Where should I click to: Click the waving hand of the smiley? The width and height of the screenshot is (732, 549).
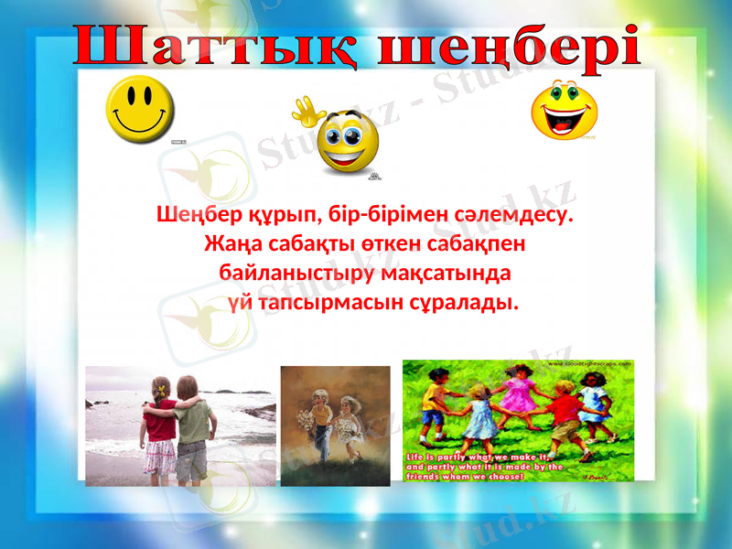[x=308, y=114]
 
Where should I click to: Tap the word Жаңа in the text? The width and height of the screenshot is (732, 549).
[x=231, y=245]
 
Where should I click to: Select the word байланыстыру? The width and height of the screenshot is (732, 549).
[x=289, y=274]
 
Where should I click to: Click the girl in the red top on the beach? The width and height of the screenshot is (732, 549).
[x=160, y=425]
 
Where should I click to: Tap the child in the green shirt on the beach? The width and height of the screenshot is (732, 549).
[x=191, y=425]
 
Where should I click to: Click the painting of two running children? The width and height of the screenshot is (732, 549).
[x=335, y=425]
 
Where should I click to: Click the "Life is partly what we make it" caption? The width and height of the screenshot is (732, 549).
[x=485, y=466]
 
